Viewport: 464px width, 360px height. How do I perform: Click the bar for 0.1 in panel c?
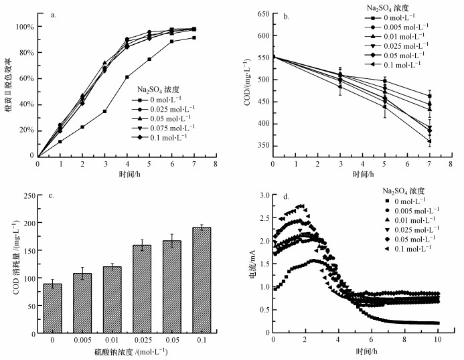tap(202, 280)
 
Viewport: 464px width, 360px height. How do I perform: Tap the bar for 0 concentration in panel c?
tap(52, 308)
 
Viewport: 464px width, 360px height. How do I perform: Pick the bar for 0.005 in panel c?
tap(82, 302)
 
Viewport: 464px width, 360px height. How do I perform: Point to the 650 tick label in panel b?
tap(260, 14)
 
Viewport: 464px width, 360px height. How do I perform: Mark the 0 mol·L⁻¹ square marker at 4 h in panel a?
tap(127, 77)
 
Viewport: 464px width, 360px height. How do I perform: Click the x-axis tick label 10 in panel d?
tap(439, 340)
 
